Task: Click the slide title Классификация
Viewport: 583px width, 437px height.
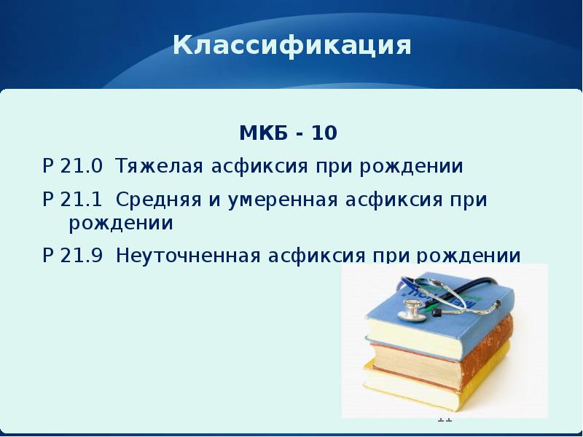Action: point(292,46)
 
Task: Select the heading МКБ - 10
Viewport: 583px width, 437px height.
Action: point(289,134)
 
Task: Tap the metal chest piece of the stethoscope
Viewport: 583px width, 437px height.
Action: point(412,311)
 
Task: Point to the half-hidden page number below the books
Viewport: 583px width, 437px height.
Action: point(445,420)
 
